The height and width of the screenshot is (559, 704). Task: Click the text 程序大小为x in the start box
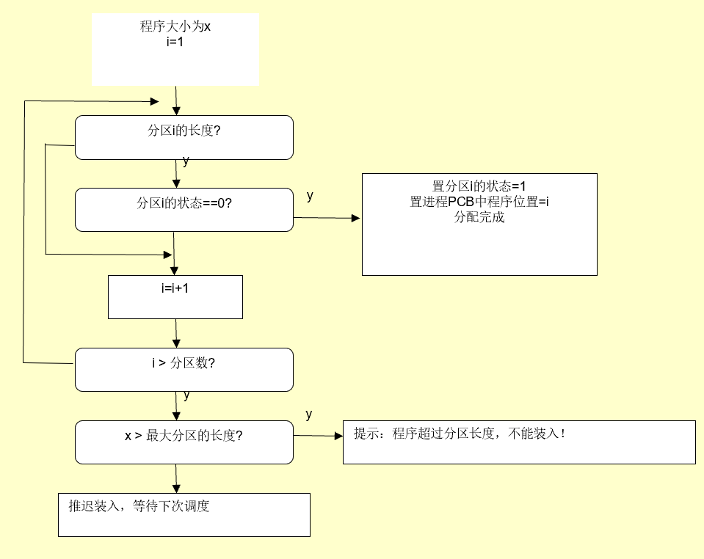[x=175, y=28]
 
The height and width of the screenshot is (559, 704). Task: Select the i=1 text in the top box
[x=175, y=42]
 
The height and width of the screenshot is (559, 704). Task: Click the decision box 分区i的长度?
[x=184, y=137]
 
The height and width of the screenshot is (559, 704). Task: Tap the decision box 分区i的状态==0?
[x=184, y=210]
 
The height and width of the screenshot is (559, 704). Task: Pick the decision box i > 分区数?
[x=184, y=369]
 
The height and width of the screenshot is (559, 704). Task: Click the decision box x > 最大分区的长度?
[x=184, y=442]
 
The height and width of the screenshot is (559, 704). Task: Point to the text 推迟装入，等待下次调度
[x=139, y=506]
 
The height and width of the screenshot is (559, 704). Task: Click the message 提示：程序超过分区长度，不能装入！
[x=460, y=434]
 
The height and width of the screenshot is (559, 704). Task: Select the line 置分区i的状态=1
[x=479, y=187]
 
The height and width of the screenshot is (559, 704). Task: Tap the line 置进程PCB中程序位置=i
[x=479, y=202]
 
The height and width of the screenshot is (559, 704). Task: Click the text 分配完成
[x=479, y=218]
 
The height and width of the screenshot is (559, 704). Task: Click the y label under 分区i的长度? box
[x=186, y=161]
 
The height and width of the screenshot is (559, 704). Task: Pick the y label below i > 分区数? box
[x=186, y=395]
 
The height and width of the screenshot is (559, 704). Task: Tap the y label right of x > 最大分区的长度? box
[x=309, y=414]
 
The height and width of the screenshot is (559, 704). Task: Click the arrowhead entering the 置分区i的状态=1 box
[x=357, y=219]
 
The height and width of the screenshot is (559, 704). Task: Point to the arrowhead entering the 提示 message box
[x=338, y=436]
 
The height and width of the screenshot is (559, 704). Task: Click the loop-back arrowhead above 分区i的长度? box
[x=155, y=101]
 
